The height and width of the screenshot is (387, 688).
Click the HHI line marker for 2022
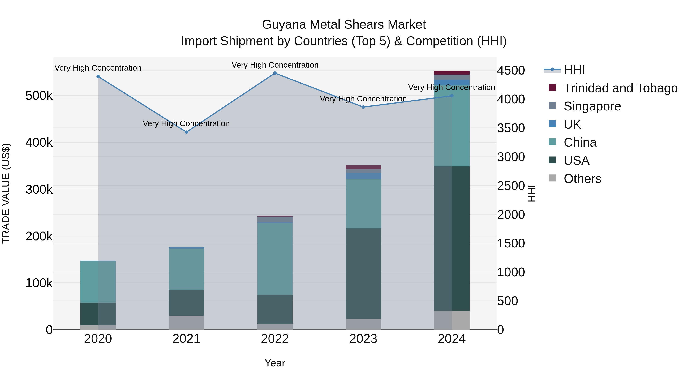pos(275,73)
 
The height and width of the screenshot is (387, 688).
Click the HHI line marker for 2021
pos(186,132)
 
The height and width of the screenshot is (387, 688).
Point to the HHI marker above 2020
pos(98,76)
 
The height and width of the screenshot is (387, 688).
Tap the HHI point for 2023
pos(363,107)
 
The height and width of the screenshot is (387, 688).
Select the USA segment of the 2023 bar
pos(363,273)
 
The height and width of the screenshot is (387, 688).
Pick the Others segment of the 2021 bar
pos(186,323)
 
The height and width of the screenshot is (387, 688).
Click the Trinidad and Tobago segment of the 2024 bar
pos(452,73)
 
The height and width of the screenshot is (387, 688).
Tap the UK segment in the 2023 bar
pos(363,176)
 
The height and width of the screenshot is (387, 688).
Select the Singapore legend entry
pos(592,106)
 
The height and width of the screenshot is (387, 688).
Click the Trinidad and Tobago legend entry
pos(620,88)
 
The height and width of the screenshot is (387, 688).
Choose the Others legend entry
pos(582,179)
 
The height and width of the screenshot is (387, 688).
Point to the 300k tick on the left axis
pos(39,190)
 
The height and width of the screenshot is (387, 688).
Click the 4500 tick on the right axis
pos(511,71)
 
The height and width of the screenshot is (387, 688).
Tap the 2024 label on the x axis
pos(452,339)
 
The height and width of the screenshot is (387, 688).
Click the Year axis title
pos(275,363)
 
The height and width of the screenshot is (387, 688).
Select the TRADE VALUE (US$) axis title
pos(6,193)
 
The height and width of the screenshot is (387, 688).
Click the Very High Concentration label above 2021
pos(186,123)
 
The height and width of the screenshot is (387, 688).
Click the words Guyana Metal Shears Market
pos(344,25)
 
